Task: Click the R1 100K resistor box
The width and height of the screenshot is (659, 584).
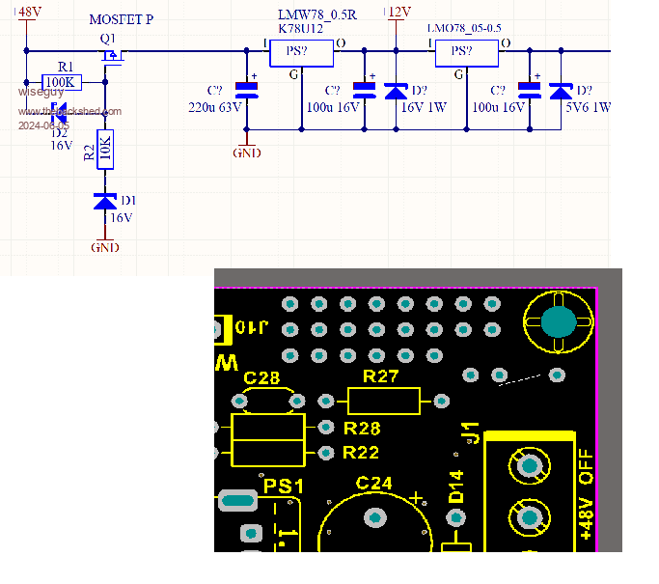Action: click(x=60, y=82)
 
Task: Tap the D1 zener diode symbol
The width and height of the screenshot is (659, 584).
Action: click(x=105, y=201)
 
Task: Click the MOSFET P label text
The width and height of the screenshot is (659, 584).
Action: click(x=121, y=19)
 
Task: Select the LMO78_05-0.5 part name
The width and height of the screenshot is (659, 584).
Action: click(x=465, y=30)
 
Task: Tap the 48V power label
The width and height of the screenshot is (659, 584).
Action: click(x=29, y=12)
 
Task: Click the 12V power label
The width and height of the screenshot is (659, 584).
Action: click(x=398, y=12)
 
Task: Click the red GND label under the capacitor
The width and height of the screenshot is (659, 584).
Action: click(x=247, y=153)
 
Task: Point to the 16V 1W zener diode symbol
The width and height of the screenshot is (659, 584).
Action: click(x=396, y=92)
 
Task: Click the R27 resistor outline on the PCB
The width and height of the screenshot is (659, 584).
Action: click(x=384, y=401)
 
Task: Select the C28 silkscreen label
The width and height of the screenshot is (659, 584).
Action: click(x=261, y=377)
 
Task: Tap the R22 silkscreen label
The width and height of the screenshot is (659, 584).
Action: click(x=362, y=452)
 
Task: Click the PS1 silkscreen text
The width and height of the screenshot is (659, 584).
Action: click(x=284, y=487)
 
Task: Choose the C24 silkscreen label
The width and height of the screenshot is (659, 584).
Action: click(x=374, y=483)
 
